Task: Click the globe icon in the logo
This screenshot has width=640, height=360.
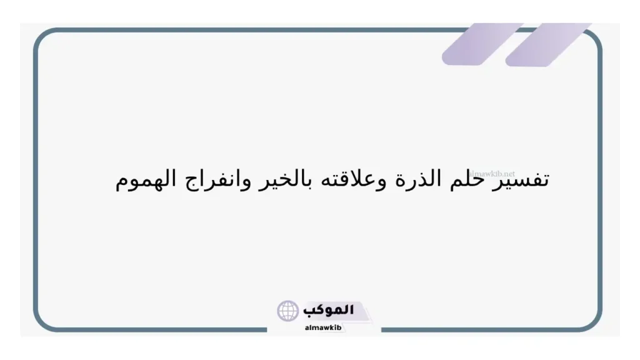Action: tap(288, 311)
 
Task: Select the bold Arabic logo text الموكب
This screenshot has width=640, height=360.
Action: tap(328, 310)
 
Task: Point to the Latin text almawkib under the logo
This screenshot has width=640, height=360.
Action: tap(323, 327)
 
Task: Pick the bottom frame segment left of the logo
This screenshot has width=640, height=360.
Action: tap(156, 329)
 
